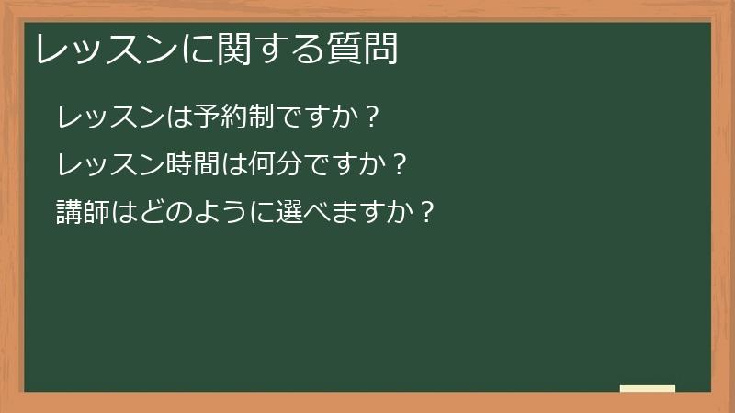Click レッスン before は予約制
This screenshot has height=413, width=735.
[x=111, y=117]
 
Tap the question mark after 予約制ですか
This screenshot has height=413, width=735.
[x=371, y=117]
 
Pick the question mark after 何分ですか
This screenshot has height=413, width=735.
[x=399, y=165]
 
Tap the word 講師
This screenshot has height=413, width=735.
[x=84, y=213]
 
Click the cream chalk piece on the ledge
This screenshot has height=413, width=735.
[x=648, y=388]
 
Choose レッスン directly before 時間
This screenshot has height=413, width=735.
[x=111, y=165]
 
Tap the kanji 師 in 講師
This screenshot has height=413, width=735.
[x=97, y=213]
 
